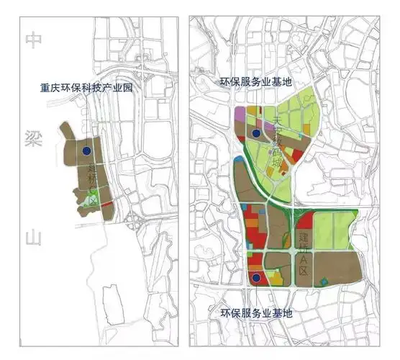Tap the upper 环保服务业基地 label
(256, 83)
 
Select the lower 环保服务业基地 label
(256, 314)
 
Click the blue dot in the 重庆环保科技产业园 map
(86, 151)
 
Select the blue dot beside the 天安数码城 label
(255, 134)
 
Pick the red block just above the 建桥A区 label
(304, 220)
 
